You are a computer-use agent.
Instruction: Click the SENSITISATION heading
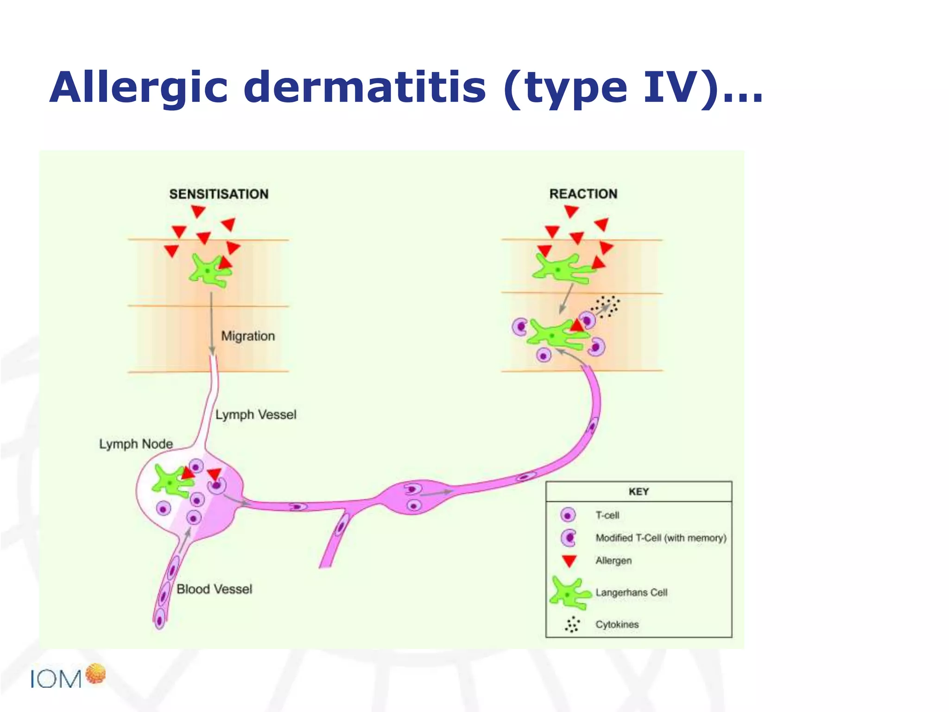point(219,194)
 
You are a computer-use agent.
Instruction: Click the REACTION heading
point(583,194)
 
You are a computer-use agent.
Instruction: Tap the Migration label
point(248,336)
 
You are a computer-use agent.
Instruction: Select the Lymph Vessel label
point(256,414)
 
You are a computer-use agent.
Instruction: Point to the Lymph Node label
point(136,444)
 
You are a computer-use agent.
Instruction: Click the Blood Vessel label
point(215,589)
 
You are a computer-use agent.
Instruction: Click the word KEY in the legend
point(639,492)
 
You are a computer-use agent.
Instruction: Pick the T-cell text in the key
point(607,515)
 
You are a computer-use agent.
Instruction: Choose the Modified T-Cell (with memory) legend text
point(661,538)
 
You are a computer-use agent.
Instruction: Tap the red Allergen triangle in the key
point(569,561)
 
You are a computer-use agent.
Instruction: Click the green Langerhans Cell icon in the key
point(569,593)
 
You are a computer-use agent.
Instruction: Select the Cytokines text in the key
point(617,624)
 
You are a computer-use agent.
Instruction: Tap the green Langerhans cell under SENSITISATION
point(209,270)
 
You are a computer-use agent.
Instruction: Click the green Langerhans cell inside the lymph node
point(171,483)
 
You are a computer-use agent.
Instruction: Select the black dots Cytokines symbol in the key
point(572,624)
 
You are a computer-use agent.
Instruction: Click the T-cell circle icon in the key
point(568,515)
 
